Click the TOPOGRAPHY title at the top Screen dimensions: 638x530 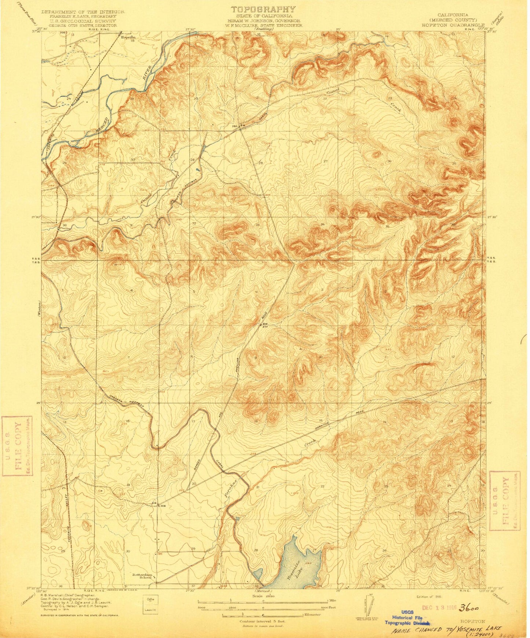[x=263, y=9]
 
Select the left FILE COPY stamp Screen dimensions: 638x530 [x=17, y=445]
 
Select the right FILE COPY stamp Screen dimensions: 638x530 [x=505, y=500]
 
